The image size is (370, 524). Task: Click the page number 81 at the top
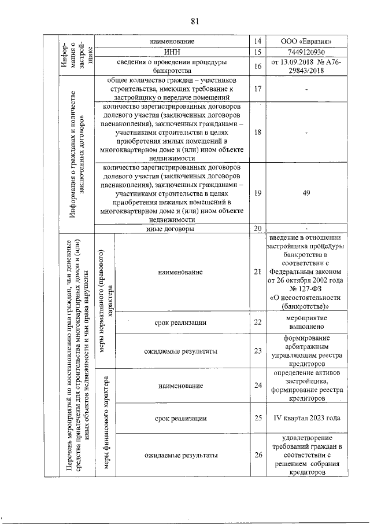coord(194,21)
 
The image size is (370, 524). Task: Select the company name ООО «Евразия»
coord(306,42)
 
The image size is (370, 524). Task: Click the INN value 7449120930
coord(306,52)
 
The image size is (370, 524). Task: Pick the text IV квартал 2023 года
coord(306,417)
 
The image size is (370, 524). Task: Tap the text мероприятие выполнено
coord(306,322)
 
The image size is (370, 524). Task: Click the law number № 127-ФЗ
coord(306,287)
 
